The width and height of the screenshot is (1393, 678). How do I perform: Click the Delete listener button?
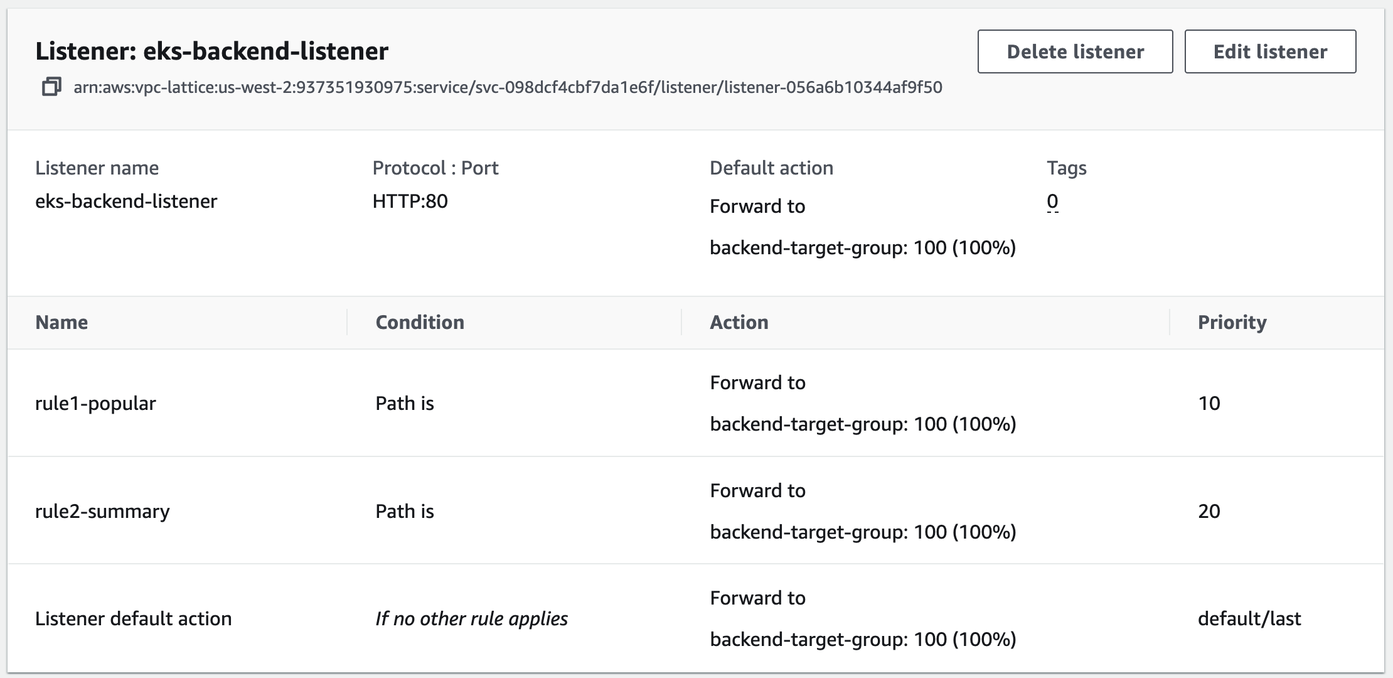pos(1075,51)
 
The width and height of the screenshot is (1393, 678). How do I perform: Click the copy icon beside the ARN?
pos(51,87)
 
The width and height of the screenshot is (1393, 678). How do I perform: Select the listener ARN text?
pos(508,87)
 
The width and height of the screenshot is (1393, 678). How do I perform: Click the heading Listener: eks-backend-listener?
pos(212,51)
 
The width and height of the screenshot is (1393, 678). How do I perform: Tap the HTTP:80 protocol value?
pos(410,202)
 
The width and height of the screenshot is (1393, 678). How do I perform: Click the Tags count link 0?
pos(1052,202)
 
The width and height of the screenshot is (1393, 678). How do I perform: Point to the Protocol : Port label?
pos(435,168)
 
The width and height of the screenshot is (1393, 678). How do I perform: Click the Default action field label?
pos(771,168)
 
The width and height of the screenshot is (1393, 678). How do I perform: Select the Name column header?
pos(61,322)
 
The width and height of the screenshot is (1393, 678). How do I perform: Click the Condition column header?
pos(420,322)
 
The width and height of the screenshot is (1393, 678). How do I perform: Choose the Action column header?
pos(739,322)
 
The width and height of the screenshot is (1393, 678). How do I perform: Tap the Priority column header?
pos(1232,322)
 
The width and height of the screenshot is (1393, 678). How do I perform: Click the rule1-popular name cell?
pos(95,403)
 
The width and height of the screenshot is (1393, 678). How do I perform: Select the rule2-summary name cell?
pos(102,511)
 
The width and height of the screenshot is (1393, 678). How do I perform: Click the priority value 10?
pos(1209,403)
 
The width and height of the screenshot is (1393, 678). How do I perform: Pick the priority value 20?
pos(1209,511)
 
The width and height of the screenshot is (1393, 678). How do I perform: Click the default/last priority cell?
pos(1249,618)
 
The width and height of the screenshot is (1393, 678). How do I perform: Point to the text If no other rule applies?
pos(471,618)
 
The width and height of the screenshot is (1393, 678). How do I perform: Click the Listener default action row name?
pos(133,618)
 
